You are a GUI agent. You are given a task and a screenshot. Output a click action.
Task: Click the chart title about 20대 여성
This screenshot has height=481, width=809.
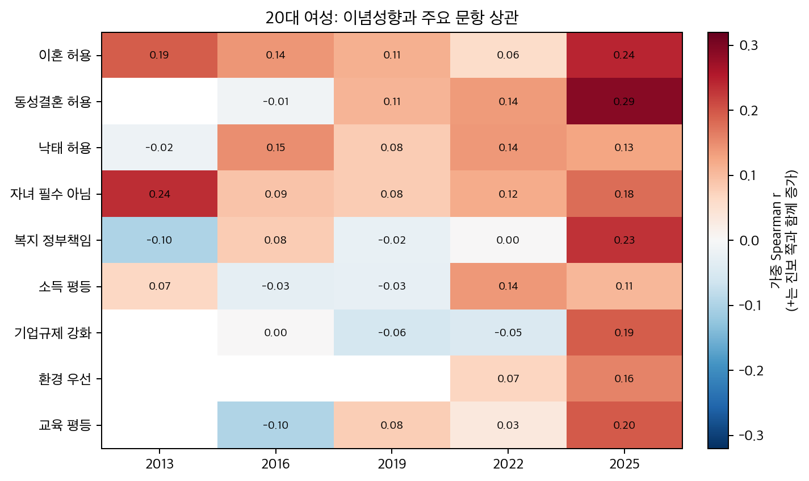click(392, 18)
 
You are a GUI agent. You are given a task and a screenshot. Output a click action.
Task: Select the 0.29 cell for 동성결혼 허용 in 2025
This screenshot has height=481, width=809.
click(624, 102)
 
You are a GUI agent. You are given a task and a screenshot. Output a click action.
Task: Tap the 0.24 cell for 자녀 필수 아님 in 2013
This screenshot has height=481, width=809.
click(160, 194)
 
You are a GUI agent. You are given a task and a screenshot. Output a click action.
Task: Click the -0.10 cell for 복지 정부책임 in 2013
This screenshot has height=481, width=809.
click(160, 240)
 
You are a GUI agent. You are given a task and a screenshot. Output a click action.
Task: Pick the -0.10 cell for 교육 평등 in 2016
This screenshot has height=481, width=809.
click(276, 425)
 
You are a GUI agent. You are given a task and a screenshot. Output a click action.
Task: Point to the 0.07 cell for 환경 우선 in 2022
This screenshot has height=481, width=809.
click(508, 379)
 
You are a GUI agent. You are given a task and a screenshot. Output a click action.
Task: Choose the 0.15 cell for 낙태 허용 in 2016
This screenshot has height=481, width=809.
click(276, 148)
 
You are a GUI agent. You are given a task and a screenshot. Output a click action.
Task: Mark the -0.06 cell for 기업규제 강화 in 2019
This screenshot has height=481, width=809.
click(392, 333)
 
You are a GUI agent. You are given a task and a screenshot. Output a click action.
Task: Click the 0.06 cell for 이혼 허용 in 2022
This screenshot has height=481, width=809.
click(508, 56)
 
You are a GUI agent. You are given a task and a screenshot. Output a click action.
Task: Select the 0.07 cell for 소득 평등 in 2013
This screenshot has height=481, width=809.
click(160, 286)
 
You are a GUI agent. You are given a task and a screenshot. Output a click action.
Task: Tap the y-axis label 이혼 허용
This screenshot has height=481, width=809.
click(65, 56)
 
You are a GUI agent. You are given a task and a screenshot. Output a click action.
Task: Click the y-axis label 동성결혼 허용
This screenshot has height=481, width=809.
click(53, 102)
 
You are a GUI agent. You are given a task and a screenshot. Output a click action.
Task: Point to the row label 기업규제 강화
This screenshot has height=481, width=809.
click(53, 333)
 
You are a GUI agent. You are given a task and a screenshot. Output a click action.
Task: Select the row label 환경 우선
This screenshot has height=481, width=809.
click(65, 379)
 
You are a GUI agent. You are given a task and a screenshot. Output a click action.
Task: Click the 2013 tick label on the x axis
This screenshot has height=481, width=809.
click(160, 465)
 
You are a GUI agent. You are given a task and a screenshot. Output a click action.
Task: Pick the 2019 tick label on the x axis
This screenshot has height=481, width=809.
click(392, 465)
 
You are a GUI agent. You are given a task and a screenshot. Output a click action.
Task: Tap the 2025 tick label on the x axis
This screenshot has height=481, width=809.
click(624, 465)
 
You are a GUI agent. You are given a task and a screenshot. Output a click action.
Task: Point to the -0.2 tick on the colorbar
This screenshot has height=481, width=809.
click(751, 370)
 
